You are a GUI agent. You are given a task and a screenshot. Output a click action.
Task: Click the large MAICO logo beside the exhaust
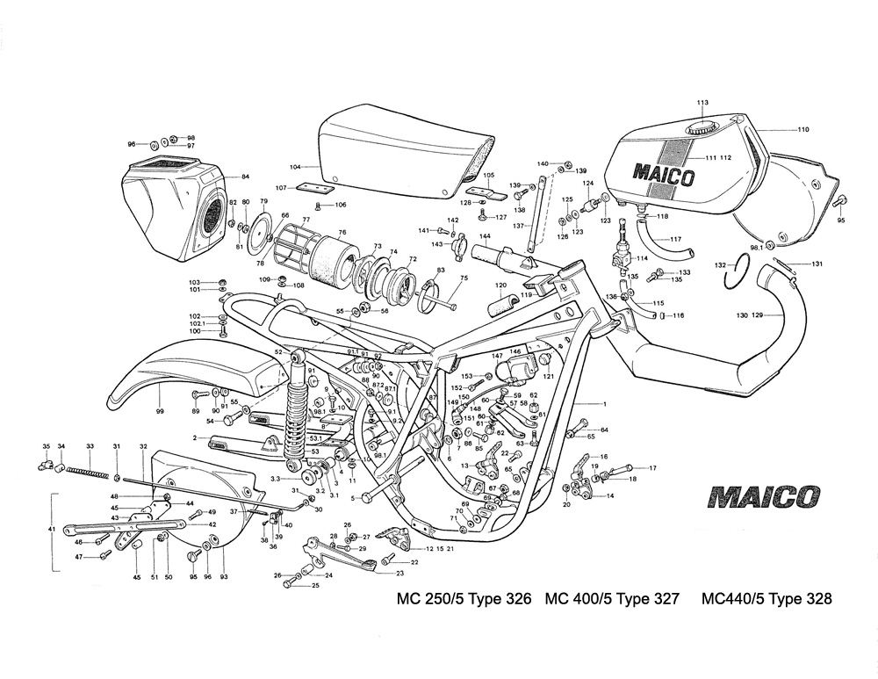tap(763, 497)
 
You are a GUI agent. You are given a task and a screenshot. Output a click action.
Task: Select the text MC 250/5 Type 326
tap(464, 600)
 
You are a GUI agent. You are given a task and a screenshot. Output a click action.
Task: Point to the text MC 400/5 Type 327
tap(612, 600)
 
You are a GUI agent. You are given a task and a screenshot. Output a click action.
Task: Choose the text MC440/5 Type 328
tap(766, 600)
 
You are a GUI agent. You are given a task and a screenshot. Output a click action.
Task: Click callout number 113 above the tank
tap(702, 104)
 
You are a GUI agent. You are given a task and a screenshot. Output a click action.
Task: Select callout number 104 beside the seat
tap(295, 165)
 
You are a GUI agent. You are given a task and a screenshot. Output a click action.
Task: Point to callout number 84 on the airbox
tap(245, 177)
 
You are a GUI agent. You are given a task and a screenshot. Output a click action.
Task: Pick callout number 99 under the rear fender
tap(160, 410)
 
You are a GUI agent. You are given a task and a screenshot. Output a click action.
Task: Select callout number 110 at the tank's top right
tap(802, 130)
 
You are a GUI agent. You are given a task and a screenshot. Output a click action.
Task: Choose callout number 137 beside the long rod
tap(518, 226)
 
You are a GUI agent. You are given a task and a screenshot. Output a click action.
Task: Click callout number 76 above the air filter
tap(342, 233)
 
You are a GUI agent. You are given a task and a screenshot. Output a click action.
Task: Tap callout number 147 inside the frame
tap(497, 356)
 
